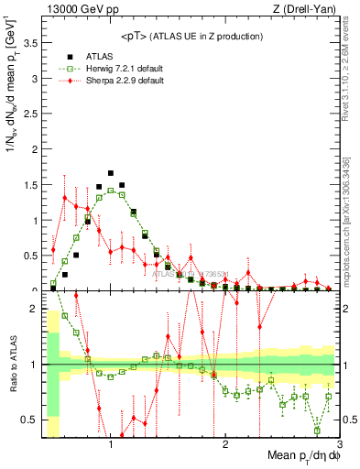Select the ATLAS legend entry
point(98,55)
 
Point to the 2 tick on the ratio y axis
point(33,309)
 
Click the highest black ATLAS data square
point(111,172)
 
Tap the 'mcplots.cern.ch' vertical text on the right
point(349,260)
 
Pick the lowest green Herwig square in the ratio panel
point(318,430)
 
